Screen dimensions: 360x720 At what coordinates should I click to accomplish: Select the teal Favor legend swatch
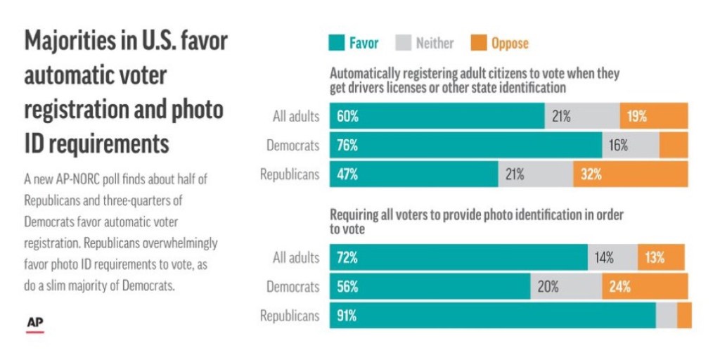[337, 44]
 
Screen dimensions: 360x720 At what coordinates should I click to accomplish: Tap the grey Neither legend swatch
[404, 44]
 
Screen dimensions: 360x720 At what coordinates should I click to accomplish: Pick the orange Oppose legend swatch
[480, 44]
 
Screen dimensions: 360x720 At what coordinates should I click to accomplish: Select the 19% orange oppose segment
[654, 116]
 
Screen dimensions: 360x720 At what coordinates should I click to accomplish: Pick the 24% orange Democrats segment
[645, 287]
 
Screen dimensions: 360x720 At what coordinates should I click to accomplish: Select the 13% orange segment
[661, 257]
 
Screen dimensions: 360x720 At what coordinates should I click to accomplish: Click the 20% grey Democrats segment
[566, 287]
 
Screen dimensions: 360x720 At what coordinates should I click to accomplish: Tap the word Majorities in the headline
[68, 41]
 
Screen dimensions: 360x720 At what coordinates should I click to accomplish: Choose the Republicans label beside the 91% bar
[289, 316]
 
